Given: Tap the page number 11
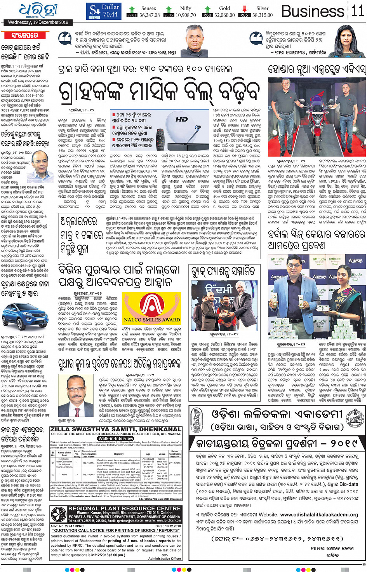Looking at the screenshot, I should pos(357,11).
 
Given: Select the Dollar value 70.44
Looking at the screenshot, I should pos(110,14).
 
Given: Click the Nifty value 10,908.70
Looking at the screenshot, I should pos(186,15).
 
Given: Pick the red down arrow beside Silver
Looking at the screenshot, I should pos(244,9).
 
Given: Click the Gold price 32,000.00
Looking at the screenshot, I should pos(224,15).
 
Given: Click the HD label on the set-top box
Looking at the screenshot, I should pos(181,119).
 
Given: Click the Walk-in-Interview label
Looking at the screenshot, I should pos(116,438).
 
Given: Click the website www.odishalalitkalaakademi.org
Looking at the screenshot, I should pos(319,514).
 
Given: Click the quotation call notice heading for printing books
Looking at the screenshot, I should pos(117,530).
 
